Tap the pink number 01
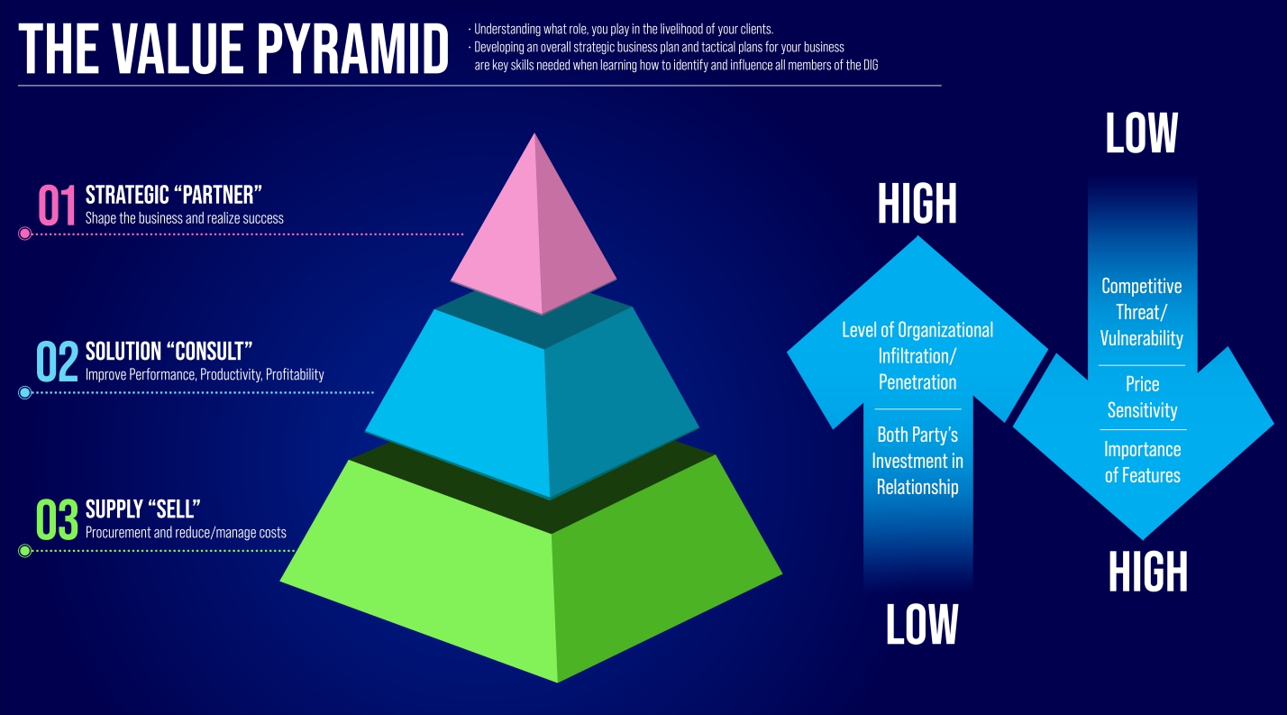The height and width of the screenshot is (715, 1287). pyautogui.click(x=57, y=206)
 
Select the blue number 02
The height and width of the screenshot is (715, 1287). pyautogui.click(x=57, y=361)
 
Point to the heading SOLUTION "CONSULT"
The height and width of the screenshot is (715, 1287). pyautogui.click(x=169, y=351)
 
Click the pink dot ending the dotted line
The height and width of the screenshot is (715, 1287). pyautogui.click(x=24, y=234)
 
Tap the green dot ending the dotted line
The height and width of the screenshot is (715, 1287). pyautogui.click(x=24, y=551)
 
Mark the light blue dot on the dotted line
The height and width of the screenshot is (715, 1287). pyautogui.click(x=24, y=392)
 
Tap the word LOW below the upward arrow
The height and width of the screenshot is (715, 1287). pyautogui.click(x=921, y=624)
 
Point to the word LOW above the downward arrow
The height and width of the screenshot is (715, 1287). pyautogui.click(x=1141, y=134)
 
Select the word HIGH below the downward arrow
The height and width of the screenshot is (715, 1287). pyautogui.click(x=1147, y=571)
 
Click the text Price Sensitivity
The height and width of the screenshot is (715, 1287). pyautogui.click(x=1142, y=398)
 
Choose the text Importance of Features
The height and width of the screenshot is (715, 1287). pyautogui.click(x=1142, y=462)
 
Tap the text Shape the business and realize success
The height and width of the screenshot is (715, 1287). pyautogui.click(x=184, y=218)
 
